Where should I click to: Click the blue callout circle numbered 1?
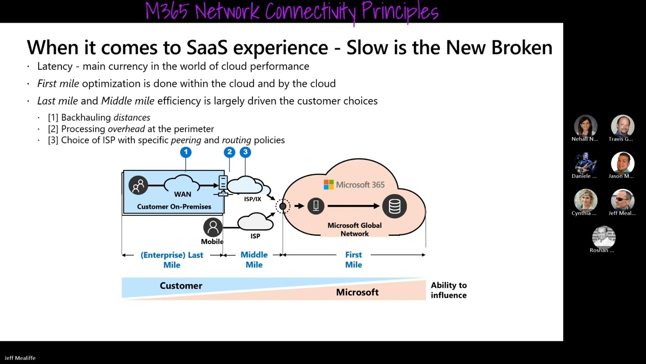[x=186, y=152]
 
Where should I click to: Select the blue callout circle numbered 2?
[x=230, y=152]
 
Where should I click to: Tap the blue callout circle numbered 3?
[x=245, y=152]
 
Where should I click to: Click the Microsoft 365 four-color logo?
[x=329, y=185]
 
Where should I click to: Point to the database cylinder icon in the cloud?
[x=394, y=206]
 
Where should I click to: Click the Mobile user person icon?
[x=212, y=227]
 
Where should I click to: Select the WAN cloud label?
[x=183, y=194]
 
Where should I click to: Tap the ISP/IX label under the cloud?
[x=252, y=199]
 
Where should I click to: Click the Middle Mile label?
[x=254, y=259]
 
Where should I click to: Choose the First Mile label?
[x=353, y=259]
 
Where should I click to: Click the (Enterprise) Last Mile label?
[x=172, y=259]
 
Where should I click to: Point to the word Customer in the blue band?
[x=181, y=286]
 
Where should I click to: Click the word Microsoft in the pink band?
[x=357, y=292]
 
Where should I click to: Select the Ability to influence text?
[x=448, y=290]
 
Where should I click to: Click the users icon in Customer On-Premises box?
[x=138, y=186]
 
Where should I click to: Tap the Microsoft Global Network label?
[x=354, y=230]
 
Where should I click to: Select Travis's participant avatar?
[x=622, y=126]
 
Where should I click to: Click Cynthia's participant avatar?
[x=585, y=200]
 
